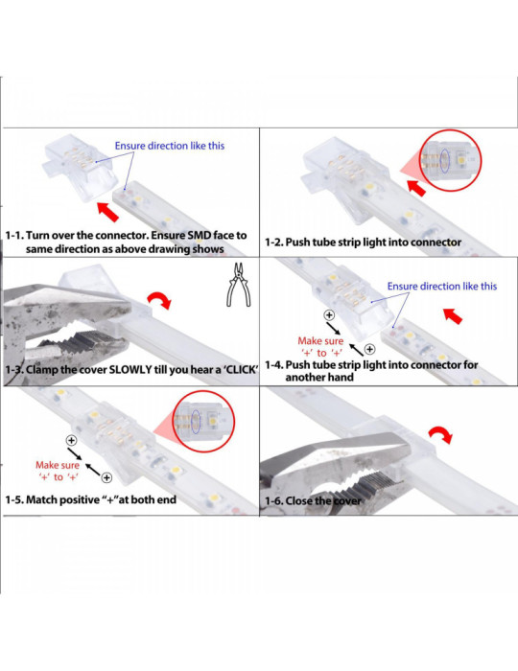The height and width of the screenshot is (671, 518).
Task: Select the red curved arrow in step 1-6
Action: [440, 435]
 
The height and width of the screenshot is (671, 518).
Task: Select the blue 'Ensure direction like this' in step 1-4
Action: [442, 286]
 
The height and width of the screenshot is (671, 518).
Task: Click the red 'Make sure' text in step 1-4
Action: [320, 340]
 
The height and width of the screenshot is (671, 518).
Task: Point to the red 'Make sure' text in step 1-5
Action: [57, 464]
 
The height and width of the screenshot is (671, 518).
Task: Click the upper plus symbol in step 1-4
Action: [329, 314]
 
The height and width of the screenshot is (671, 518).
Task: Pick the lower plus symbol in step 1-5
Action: [106, 477]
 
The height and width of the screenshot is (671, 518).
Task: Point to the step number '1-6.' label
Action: [278, 500]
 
